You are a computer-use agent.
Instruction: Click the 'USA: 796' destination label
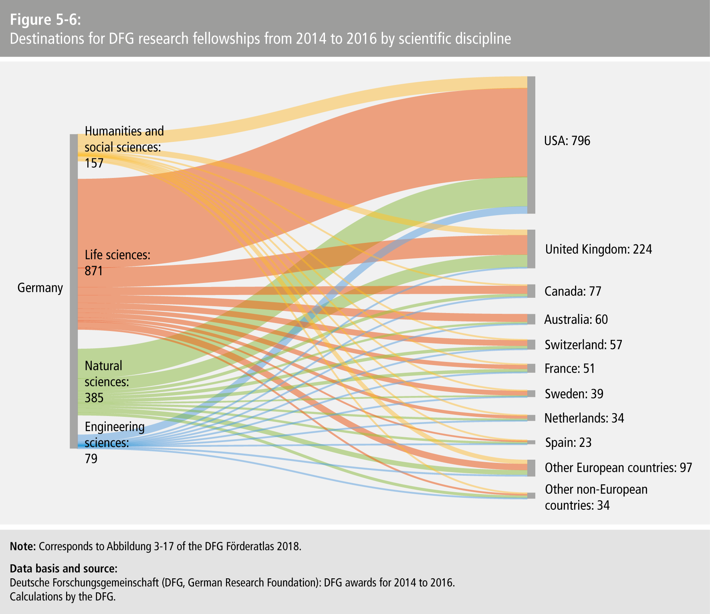point(567,141)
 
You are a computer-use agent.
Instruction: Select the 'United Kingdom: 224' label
point(599,249)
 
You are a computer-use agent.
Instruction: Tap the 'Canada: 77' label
point(573,291)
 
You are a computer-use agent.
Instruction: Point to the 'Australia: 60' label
point(576,319)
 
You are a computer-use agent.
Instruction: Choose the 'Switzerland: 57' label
point(583,345)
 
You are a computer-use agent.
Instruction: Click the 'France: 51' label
point(569,368)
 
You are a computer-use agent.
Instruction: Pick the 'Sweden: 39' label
point(574,394)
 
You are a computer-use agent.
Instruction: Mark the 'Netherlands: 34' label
point(584,418)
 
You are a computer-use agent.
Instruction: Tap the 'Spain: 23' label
point(568,442)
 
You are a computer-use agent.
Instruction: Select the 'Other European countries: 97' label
point(618,468)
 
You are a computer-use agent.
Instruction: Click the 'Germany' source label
point(40,288)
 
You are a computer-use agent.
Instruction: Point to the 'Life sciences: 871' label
point(117,263)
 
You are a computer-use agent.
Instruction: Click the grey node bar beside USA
point(531,145)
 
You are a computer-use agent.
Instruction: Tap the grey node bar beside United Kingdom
point(531,249)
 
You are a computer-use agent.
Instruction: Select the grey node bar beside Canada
point(531,291)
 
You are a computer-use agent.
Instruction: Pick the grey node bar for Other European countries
point(531,468)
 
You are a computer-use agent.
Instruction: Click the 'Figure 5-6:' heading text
point(45,20)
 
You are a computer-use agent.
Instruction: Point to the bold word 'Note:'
point(23,546)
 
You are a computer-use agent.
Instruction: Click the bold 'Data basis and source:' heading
point(63,569)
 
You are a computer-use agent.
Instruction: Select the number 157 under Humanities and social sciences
point(94,163)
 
